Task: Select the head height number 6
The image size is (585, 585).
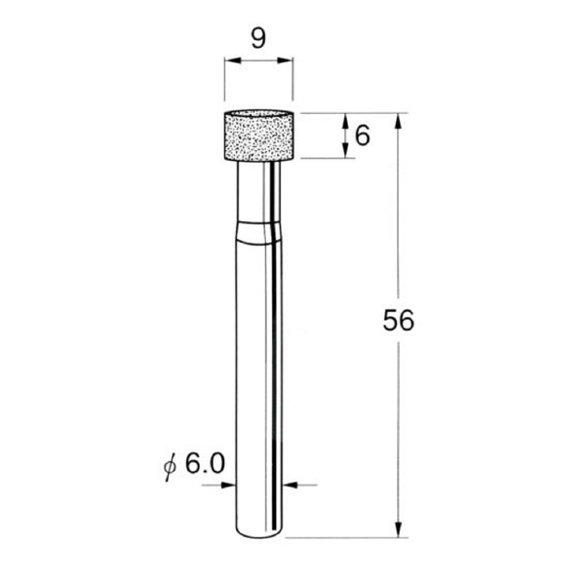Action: pos(363,135)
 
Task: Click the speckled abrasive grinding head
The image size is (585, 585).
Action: pos(258,136)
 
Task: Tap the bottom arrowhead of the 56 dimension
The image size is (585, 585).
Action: pos(399,530)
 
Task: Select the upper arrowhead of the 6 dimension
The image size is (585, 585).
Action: pos(346,120)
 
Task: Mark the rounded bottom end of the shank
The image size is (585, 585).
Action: pos(258,532)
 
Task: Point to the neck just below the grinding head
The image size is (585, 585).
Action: pos(258,190)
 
